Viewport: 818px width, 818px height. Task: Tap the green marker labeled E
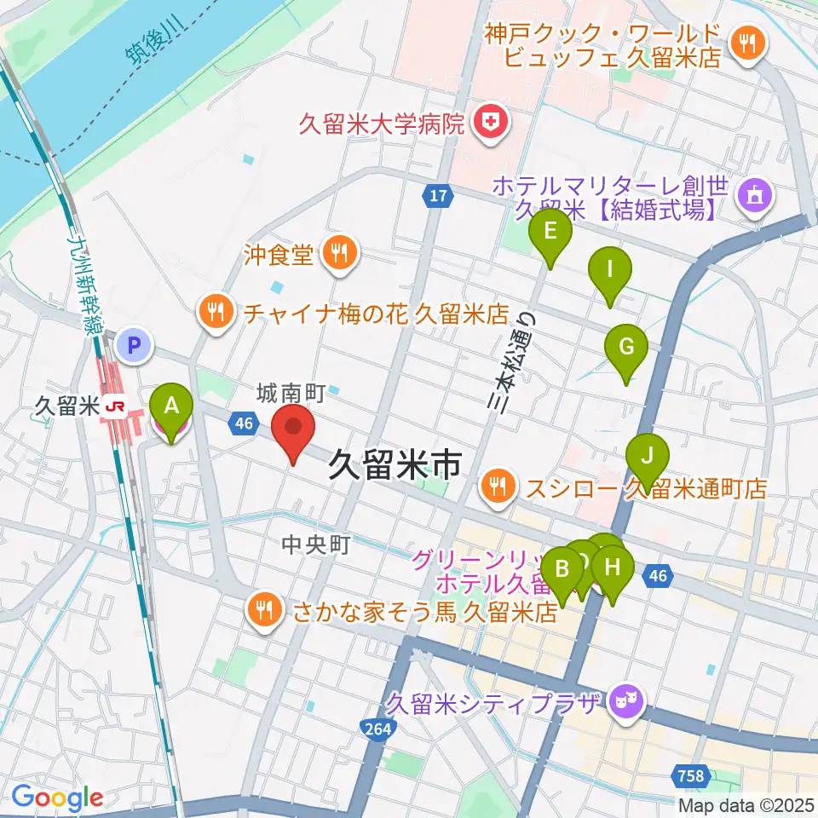(x=550, y=232)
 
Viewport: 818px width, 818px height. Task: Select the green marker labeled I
(x=610, y=270)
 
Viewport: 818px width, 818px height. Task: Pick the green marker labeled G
(x=626, y=348)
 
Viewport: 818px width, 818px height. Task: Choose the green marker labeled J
(x=647, y=457)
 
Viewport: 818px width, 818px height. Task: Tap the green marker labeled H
(x=613, y=566)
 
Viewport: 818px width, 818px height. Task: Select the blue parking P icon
(x=134, y=346)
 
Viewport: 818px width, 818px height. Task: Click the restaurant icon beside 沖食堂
(x=339, y=253)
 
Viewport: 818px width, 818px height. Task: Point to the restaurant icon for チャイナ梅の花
(x=217, y=312)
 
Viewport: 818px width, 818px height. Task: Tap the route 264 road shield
(x=377, y=729)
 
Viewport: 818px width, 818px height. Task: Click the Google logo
(x=57, y=798)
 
